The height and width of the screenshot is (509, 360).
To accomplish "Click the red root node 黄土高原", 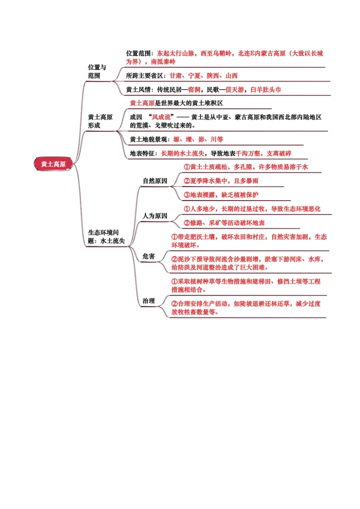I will tap(53, 164).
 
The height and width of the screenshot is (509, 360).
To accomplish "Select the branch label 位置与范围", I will tap(97, 71).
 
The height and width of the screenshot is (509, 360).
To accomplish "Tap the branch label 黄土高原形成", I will tap(100, 121).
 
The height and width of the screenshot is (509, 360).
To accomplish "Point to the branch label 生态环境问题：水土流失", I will tap(106, 236).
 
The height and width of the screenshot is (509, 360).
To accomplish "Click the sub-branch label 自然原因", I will tap(155, 181).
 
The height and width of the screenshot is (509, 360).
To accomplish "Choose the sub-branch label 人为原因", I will tap(155, 216).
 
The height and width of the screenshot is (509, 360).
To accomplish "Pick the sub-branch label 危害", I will tap(149, 256).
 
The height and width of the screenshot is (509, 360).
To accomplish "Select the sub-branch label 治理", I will tap(149, 301).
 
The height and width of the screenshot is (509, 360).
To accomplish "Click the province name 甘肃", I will tap(175, 76).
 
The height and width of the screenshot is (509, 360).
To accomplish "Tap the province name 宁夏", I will tap(194, 76).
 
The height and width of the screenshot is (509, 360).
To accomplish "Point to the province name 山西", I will tap(232, 76).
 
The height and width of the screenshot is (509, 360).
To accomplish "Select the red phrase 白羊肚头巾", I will tap(266, 90).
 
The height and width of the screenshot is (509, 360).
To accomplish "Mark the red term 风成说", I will tap(161, 117).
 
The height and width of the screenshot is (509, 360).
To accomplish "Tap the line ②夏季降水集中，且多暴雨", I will tap(221, 181).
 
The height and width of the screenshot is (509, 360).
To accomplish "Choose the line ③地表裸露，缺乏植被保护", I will tap(221, 195).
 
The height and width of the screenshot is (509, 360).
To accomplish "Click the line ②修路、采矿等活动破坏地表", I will tap(224, 223).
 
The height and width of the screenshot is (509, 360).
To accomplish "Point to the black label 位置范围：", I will tap(140, 53).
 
